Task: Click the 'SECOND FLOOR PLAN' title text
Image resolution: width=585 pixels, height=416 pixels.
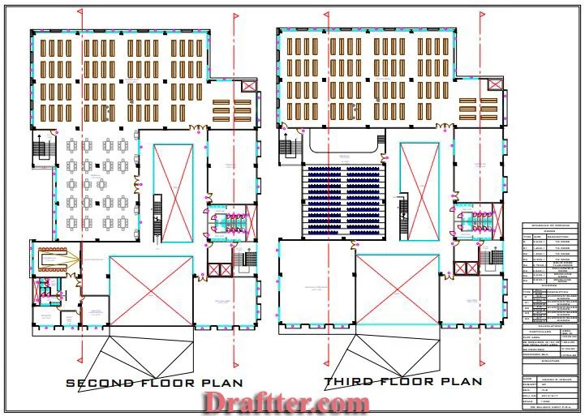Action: click(152, 382)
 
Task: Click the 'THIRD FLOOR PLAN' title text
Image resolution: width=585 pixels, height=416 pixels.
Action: click(403, 381)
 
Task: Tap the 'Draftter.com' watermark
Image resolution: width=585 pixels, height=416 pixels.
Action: click(286, 401)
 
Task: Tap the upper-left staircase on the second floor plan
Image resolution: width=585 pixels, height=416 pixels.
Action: click(38, 148)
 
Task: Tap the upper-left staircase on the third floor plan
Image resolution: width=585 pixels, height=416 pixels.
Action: click(286, 148)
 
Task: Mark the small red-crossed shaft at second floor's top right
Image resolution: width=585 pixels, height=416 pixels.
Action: click(248, 86)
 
